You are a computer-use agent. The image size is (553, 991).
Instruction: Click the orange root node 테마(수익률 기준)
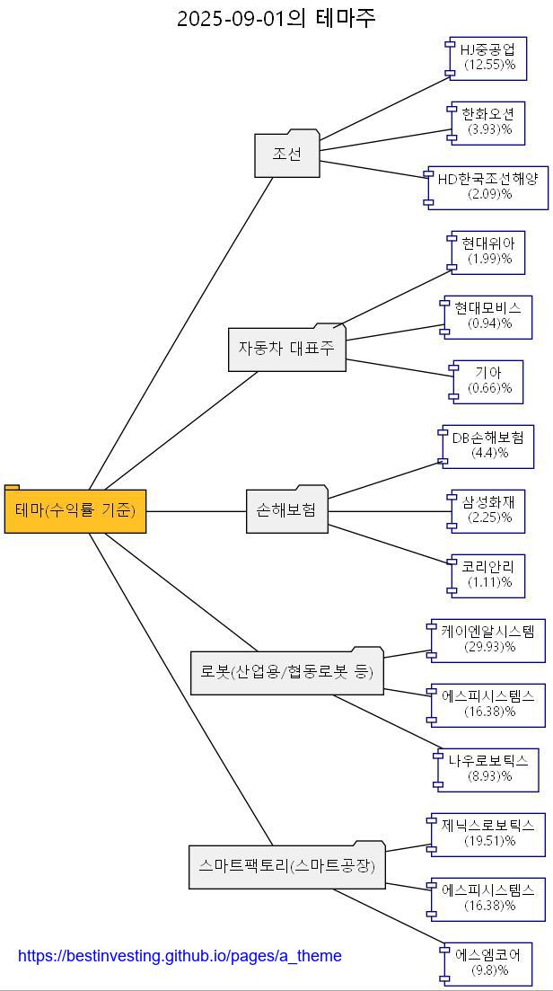coord(75,510)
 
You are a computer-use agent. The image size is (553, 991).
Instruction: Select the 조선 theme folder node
coord(287,155)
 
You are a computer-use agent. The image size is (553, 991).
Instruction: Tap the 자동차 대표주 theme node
coord(286,349)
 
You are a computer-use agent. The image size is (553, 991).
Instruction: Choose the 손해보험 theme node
coord(286,510)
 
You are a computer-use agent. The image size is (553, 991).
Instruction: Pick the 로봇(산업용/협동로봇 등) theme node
coord(286,672)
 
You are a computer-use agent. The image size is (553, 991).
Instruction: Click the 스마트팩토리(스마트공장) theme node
coord(286,867)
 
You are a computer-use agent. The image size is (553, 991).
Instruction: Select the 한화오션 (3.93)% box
coord(488,121)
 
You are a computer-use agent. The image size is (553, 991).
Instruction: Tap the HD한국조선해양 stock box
coord(488,186)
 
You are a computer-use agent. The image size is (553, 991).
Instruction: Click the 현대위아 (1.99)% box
coord(488,251)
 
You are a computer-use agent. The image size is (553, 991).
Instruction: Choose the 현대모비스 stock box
coord(488,316)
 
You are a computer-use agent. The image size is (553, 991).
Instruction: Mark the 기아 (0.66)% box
coord(488,381)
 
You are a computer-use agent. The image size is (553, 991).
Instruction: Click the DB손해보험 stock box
coord(488,446)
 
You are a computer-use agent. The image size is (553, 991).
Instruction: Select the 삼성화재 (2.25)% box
coord(488,510)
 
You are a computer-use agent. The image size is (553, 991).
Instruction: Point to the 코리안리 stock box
coord(488,575)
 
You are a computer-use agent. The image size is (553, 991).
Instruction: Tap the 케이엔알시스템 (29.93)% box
coord(488,640)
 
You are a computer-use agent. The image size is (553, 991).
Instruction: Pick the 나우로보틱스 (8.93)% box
coord(488,769)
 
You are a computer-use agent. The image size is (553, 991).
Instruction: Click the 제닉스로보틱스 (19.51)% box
coord(488,834)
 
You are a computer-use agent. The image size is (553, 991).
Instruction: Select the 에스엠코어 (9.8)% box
coord(487,963)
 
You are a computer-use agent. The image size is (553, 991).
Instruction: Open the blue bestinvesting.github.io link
coord(180,956)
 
